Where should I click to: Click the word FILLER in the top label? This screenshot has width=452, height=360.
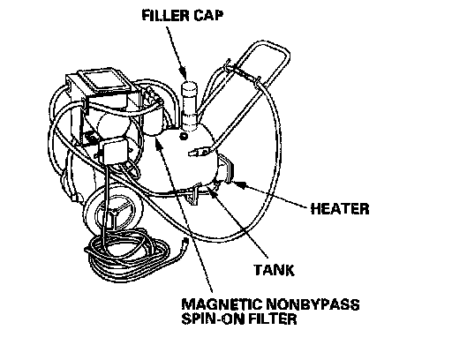tap(162, 15)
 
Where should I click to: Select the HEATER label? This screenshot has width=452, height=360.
tap(340, 209)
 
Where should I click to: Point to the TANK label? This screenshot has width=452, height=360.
tap(274, 270)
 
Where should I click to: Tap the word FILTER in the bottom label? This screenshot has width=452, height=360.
tap(273, 319)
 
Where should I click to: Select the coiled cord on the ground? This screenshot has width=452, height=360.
tap(130, 256)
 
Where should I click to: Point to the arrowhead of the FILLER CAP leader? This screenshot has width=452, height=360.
tap(183, 73)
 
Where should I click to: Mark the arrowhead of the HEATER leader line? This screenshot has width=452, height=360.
tap(239, 184)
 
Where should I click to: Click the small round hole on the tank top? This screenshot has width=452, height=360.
tap(184, 136)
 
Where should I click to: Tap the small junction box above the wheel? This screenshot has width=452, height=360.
tap(113, 150)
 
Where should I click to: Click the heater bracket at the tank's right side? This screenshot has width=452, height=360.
tap(227, 169)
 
